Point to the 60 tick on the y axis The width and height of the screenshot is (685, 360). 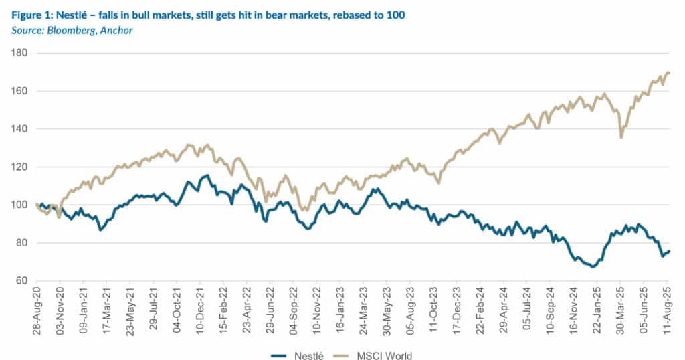click(x=19, y=280)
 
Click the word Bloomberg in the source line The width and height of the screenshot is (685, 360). click(x=64, y=31)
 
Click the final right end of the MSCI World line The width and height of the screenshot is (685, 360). click(x=670, y=73)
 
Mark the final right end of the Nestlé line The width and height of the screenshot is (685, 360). click(x=670, y=251)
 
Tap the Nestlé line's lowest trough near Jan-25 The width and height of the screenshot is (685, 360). click(x=593, y=266)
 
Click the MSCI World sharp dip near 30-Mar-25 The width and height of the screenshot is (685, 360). click(x=621, y=138)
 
